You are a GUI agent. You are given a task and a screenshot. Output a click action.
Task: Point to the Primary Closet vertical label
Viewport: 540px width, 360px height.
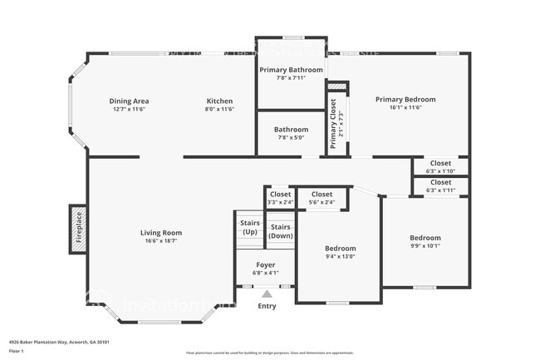333,124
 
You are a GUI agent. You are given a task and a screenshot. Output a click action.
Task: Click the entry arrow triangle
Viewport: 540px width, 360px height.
267,292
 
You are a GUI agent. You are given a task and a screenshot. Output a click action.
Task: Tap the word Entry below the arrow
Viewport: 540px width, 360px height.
267,306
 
